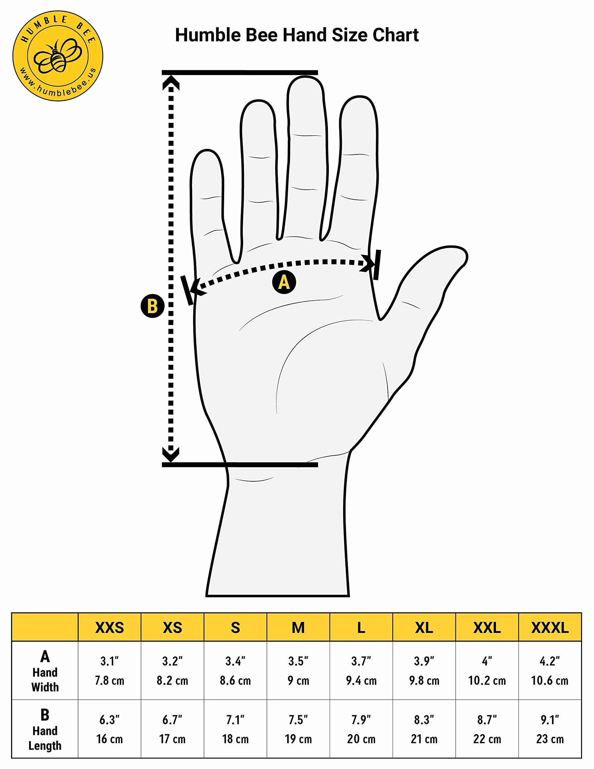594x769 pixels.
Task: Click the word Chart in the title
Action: tap(396, 35)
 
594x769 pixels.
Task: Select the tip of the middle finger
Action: tap(306, 77)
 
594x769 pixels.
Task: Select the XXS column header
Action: tap(109, 628)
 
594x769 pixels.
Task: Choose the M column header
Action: tap(298, 628)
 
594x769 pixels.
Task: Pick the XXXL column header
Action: tap(550, 628)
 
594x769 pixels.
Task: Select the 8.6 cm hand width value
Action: tap(235, 681)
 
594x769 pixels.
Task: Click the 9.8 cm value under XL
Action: tap(424, 681)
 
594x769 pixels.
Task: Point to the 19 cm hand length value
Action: tap(298, 739)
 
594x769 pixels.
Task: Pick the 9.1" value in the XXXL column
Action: tap(550, 720)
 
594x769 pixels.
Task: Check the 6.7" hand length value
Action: tap(172, 720)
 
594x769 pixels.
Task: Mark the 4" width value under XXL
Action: tap(487, 661)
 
